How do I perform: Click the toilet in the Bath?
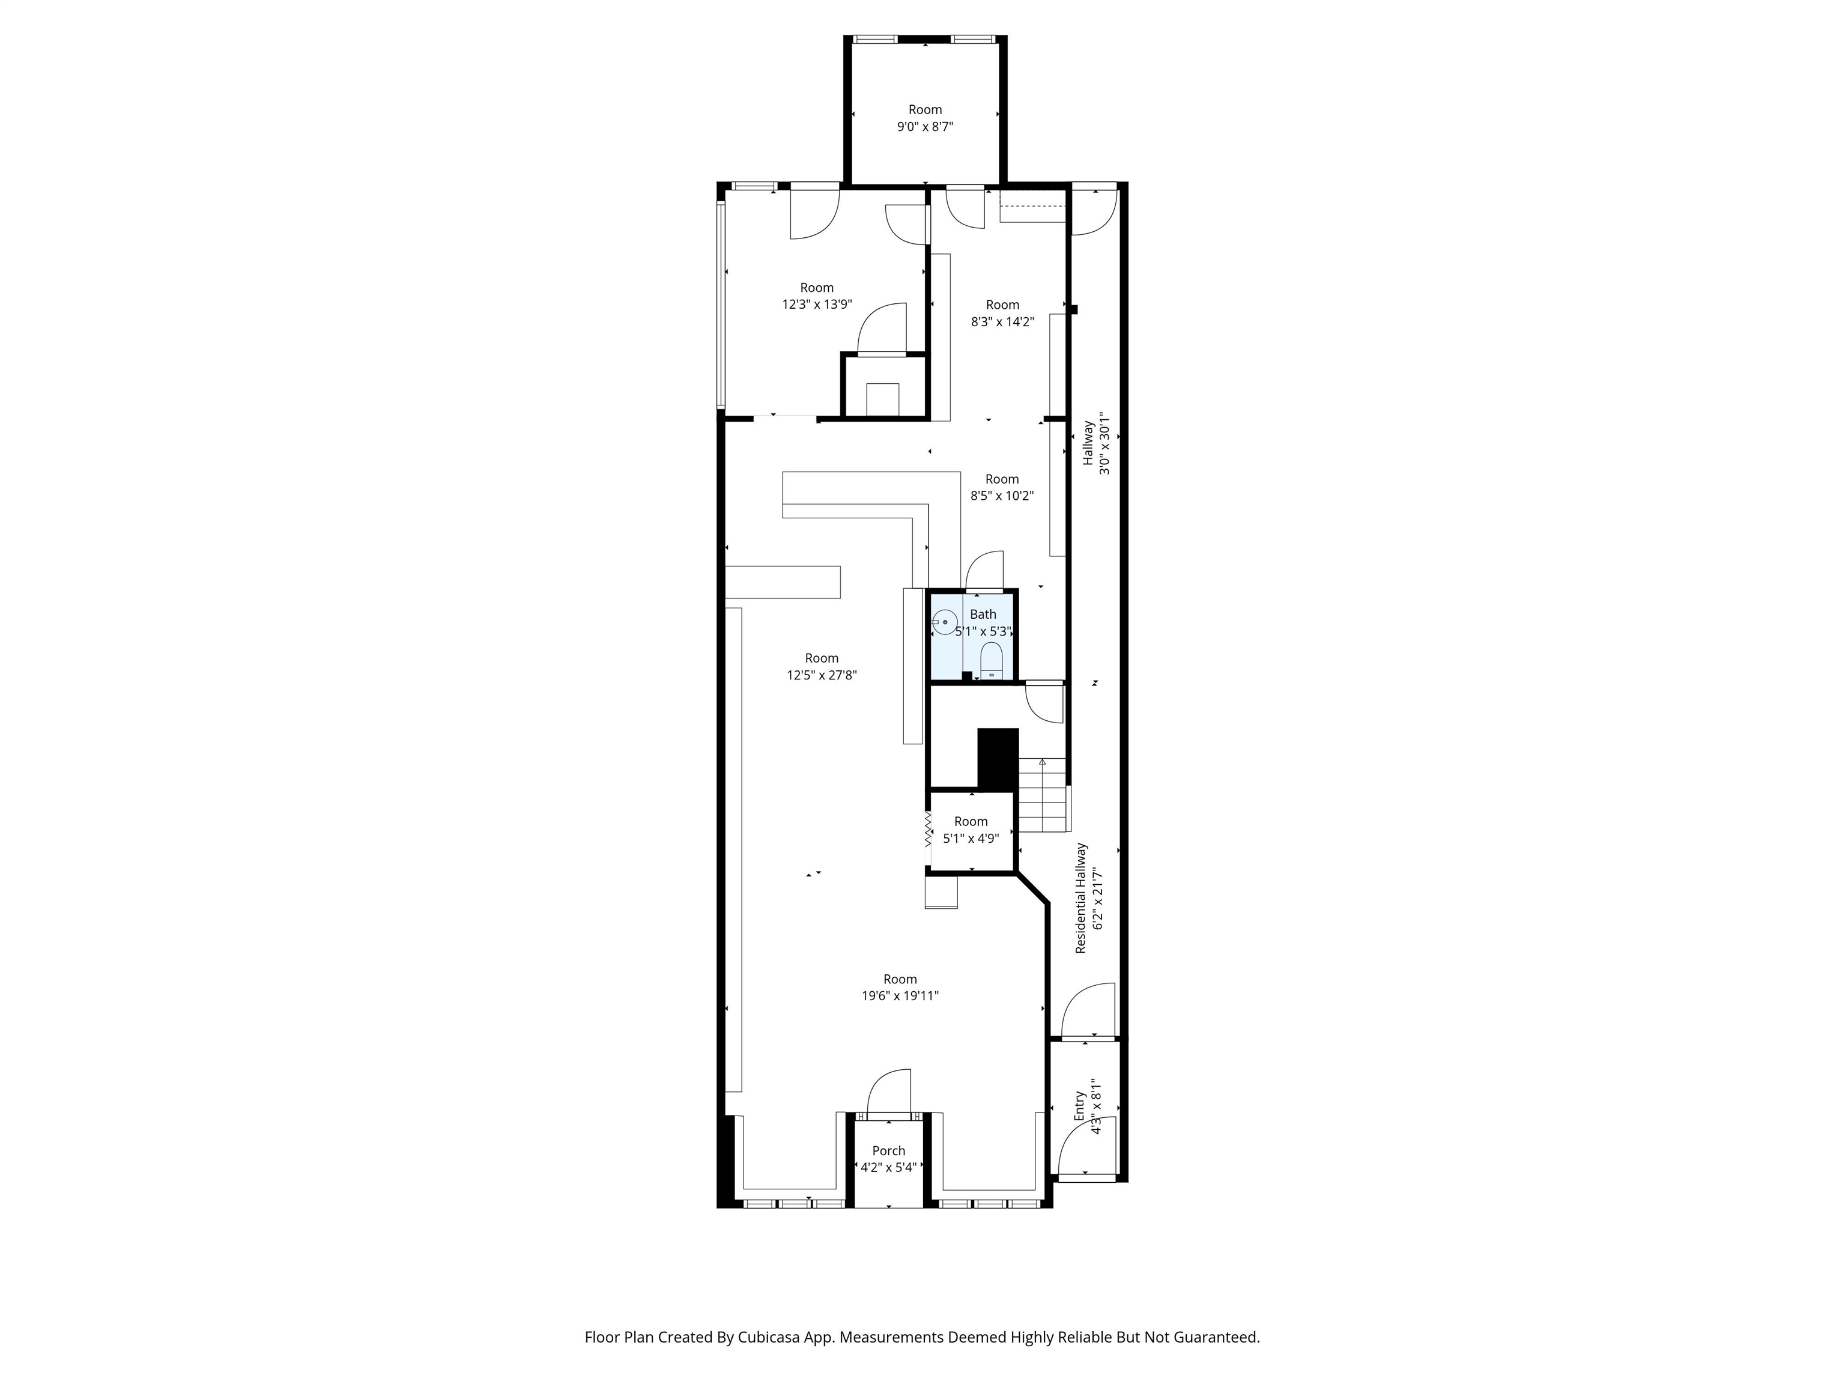pos(991,661)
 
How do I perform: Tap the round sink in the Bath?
pos(944,623)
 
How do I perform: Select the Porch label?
pos(888,1150)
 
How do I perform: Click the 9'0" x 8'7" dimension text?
pos(925,127)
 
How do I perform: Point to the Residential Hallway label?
pos(1081,897)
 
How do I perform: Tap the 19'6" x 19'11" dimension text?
pos(900,995)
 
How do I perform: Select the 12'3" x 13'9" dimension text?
pos(817,305)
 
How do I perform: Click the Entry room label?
pos(1079,1105)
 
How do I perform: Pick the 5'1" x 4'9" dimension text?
pos(971,839)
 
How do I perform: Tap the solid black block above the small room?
pos(998,758)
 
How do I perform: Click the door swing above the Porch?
pos(889,1091)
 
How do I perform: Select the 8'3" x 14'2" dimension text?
pos(1002,321)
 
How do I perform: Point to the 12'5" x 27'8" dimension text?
pos(822,675)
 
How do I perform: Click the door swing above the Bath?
pos(984,571)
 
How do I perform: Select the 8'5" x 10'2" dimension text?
pos(1002,496)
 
